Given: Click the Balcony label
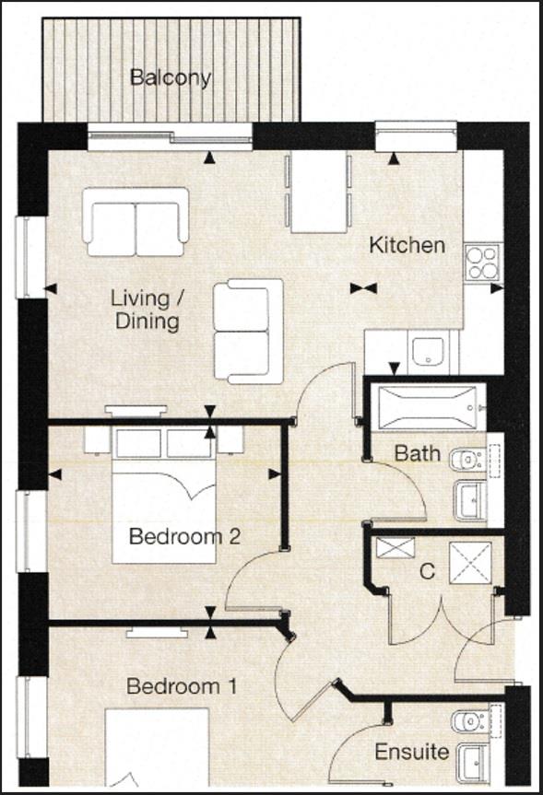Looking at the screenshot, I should point(171,77).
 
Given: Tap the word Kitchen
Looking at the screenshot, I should point(407,245).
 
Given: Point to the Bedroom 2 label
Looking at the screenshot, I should point(184,536).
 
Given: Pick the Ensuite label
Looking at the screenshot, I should point(411,752).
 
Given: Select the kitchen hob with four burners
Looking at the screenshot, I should point(481,261).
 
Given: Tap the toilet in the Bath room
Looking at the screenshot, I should point(471,457).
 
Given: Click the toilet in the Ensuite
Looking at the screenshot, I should point(470,718).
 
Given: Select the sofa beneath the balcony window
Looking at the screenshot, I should point(136,221).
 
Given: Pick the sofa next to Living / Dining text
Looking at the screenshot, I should point(248,331).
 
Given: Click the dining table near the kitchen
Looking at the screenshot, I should point(318,193).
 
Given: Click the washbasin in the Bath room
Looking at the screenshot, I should point(473,500).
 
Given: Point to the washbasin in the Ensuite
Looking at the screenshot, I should point(476,761).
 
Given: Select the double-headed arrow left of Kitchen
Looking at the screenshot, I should point(364,288).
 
